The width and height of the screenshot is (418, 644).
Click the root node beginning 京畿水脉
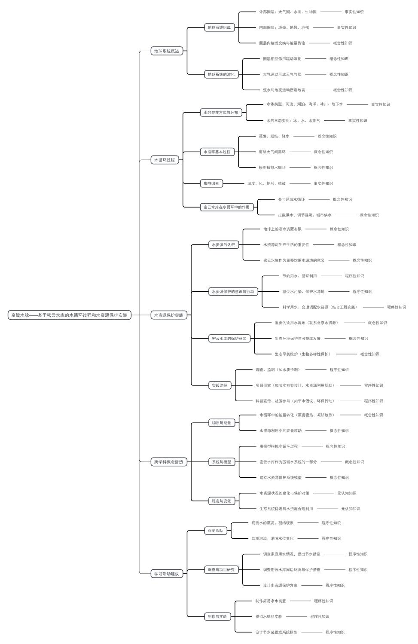tap(69, 315)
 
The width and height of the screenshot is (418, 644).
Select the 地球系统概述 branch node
tap(167, 51)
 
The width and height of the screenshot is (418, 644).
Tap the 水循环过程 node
tap(165, 160)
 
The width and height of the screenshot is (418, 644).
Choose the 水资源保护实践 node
tap(168, 315)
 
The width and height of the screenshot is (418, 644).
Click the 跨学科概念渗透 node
tap(168, 462)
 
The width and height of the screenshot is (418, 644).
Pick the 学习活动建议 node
tap(167, 574)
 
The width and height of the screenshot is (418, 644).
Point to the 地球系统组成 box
tap(219, 27)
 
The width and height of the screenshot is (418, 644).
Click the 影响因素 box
tap(211, 183)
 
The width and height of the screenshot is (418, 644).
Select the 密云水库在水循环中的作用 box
tap(226, 207)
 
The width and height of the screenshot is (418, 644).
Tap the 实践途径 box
tap(219, 385)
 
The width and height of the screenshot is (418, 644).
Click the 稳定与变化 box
tap(221, 501)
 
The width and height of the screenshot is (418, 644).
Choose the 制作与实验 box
tap(217, 617)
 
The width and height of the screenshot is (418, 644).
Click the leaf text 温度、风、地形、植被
tap(266, 183)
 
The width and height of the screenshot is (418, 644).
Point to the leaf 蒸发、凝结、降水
tap(274, 136)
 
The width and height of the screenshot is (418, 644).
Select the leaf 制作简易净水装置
tap(270, 601)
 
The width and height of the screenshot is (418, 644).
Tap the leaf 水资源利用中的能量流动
tap(280, 430)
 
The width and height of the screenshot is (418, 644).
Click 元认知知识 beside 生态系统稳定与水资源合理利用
tap(351, 509)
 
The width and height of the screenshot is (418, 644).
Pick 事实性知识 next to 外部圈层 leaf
tap(354, 12)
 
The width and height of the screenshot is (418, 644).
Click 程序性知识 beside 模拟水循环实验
tap(320, 617)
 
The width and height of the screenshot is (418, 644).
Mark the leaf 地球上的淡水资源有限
tap(282, 229)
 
